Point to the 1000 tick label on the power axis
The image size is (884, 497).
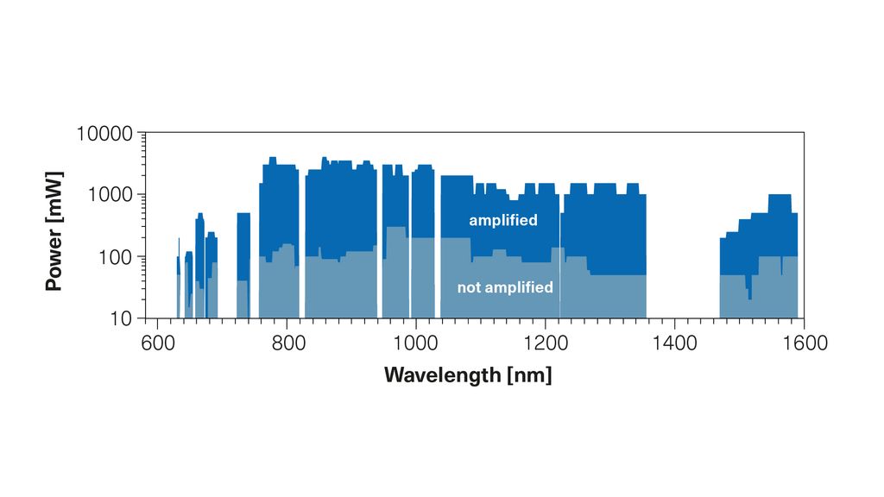[x=109, y=195]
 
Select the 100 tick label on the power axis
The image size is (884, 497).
[x=115, y=257]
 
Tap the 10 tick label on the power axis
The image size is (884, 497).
[x=121, y=318]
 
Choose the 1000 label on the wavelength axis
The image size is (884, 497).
[x=415, y=343]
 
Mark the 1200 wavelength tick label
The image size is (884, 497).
[x=545, y=343]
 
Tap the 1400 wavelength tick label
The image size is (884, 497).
[x=674, y=343]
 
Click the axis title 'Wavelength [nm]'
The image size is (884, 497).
[x=468, y=375]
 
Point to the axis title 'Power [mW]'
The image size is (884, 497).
[x=54, y=226]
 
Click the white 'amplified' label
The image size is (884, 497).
[x=503, y=221]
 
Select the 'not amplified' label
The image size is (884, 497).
[x=505, y=287]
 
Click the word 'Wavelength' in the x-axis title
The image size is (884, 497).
[x=440, y=375]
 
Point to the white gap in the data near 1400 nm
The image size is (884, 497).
[x=683, y=259]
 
